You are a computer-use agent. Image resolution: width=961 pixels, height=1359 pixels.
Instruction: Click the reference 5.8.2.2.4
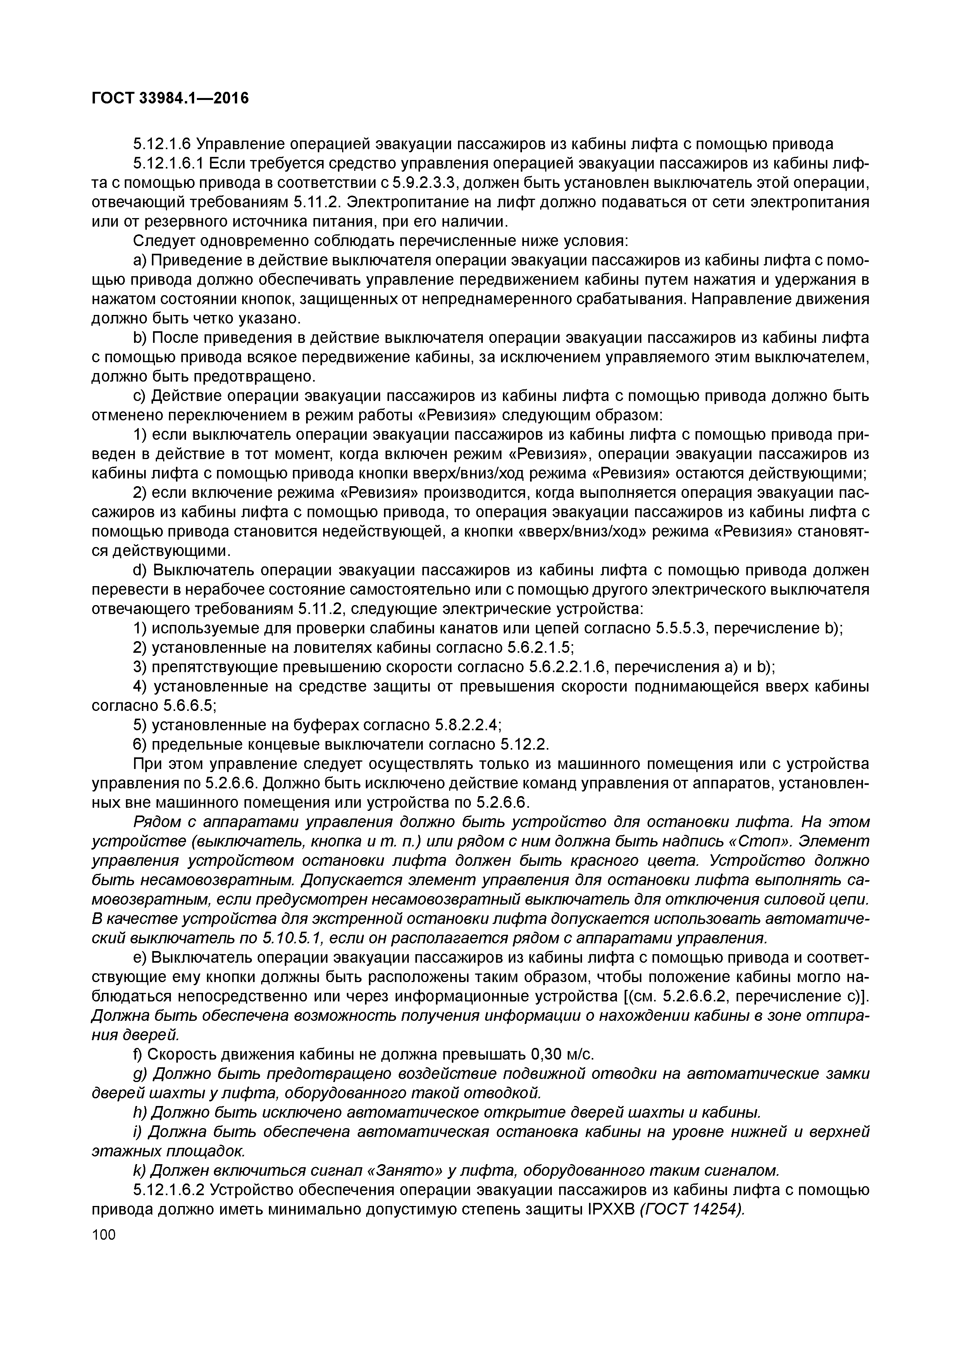(x=468, y=725)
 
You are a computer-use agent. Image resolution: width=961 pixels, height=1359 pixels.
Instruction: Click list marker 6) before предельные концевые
(x=140, y=745)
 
